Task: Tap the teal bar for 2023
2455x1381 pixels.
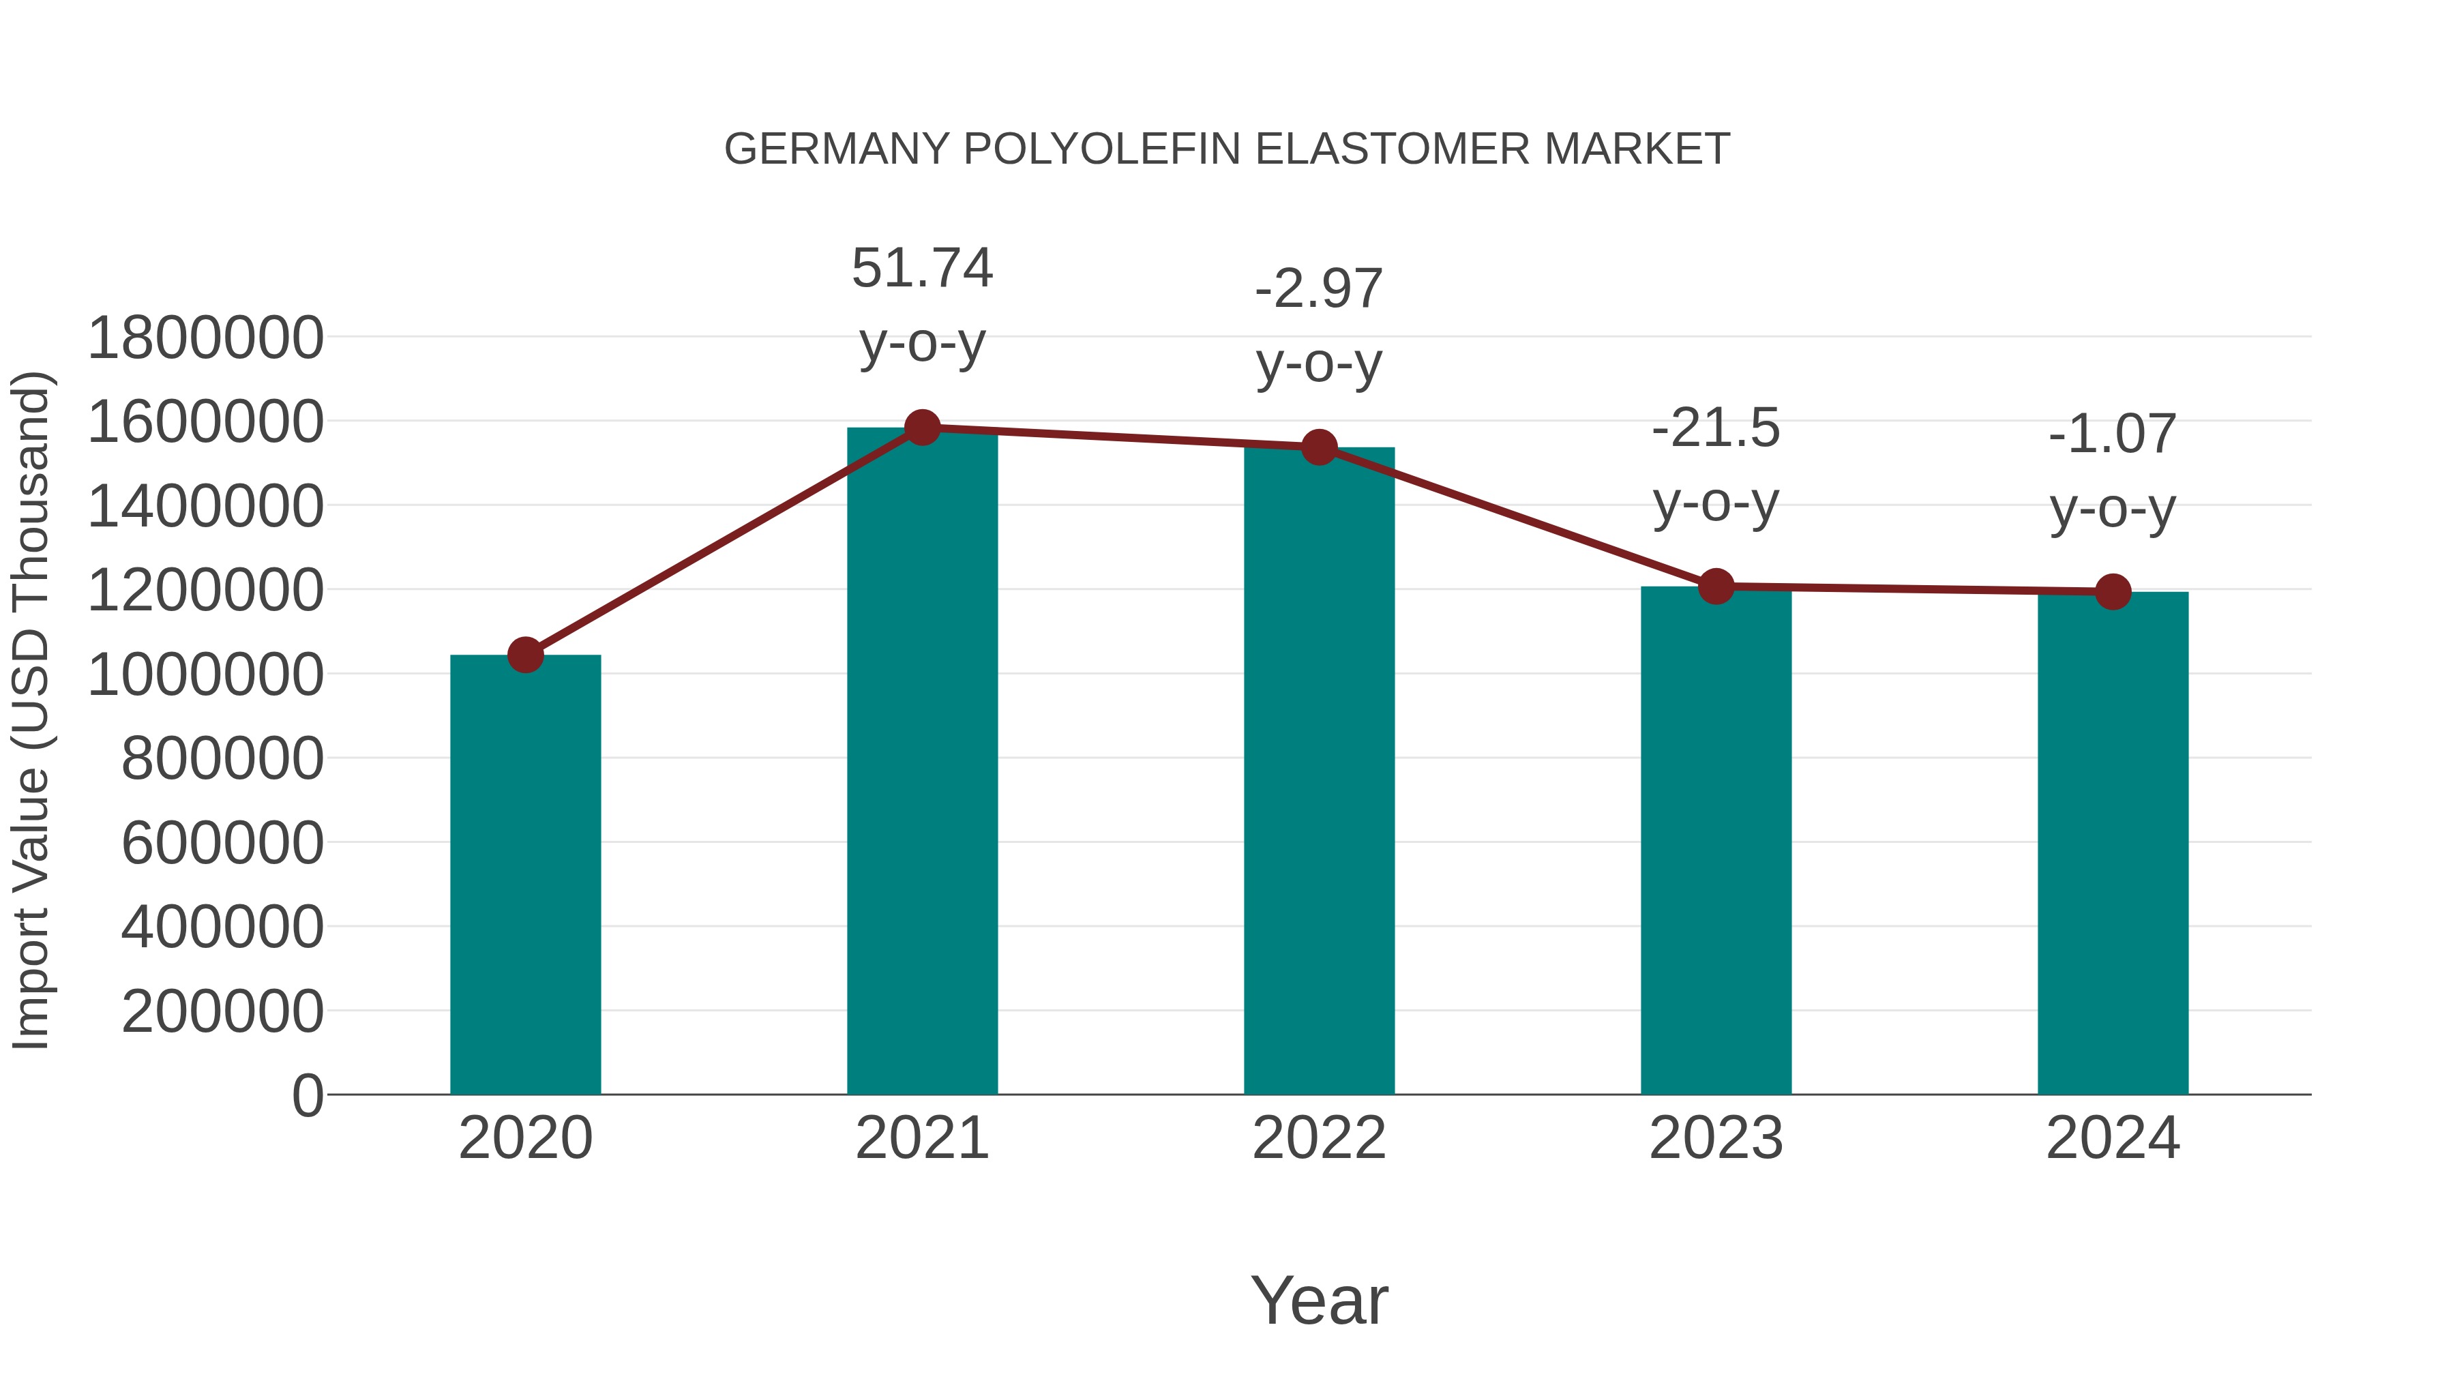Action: (x=1716, y=840)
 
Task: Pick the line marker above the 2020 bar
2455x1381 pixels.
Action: (x=525, y=655)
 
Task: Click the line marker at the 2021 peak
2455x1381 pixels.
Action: (x=921, y=428)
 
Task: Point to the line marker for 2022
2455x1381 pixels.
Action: (x=1319, y=447)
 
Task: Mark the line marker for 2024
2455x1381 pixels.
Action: (x=2113, y=592)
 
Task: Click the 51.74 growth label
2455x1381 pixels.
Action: (x=921, y=268)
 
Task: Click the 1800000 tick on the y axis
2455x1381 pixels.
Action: (x=205, y=338)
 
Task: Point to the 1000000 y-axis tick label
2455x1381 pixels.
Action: (x=205, y=674)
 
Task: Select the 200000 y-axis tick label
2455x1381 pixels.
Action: (x=222, y=1011)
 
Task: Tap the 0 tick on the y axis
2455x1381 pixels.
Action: (x=307, y=1095)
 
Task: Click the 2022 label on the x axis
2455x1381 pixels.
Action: (x=1319, y=1138)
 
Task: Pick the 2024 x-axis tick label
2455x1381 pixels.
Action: (x=2113, y=1138)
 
